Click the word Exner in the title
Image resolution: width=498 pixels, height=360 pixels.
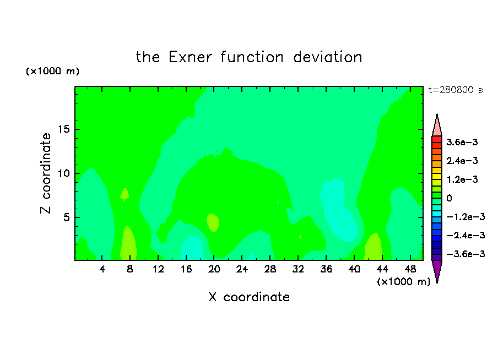[190, 57]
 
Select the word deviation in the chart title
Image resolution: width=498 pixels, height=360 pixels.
[328, 57]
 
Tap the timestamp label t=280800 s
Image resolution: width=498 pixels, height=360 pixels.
[456, 90]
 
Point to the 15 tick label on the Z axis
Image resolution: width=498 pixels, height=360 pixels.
[64, 129]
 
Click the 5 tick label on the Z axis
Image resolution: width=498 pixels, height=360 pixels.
[67, 217]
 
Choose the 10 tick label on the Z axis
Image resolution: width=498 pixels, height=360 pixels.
[64, 173]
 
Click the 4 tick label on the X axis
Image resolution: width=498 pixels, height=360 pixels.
[102, 269]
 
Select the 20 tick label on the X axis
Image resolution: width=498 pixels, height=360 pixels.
[214, 269]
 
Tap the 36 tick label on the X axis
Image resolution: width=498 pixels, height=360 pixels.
[326, 269]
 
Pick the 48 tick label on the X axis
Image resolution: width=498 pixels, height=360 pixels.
[410, 269]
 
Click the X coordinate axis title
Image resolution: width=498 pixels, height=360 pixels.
[249, 297]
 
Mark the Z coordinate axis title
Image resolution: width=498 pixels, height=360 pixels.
[46, 173]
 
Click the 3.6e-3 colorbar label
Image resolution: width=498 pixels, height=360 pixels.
[462, 142]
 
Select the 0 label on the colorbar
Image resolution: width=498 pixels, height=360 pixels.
[449, 198]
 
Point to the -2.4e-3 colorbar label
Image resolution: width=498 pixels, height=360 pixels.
[465, 235]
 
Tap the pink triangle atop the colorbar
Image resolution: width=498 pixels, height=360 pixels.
[437, 127]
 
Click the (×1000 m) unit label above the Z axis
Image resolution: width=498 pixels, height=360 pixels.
[52, 71]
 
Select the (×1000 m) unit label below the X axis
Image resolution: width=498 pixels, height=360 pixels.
[403, 282]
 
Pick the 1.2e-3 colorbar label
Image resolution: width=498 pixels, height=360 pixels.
[462, 179]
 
